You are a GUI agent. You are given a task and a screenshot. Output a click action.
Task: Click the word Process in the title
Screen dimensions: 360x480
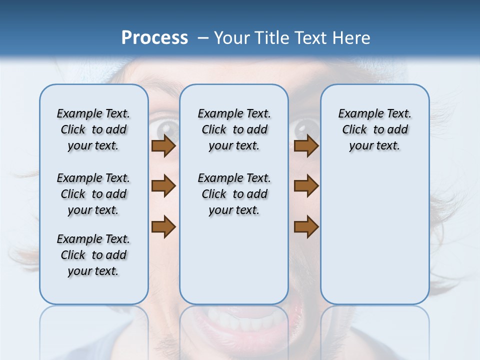(x=154, y=38)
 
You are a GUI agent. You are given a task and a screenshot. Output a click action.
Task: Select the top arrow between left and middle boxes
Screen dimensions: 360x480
(x=163, y=146)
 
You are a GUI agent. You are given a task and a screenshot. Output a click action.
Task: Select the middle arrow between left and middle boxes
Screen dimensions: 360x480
(x=163, y=186)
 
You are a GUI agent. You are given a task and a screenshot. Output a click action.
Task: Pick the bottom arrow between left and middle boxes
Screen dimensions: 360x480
(x=163, y=226)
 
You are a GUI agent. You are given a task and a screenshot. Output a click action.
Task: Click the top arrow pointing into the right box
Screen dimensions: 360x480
(x=306, y=146)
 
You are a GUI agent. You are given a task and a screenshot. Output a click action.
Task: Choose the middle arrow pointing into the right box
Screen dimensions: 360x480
(x=306, y=186)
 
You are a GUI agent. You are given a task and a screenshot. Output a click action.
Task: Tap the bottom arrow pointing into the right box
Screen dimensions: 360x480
(x=306, y=226)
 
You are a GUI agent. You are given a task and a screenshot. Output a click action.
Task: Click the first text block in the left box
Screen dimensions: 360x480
(x=93, y=129)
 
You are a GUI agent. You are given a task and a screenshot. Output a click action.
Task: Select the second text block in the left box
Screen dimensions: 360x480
(x=93, y=194)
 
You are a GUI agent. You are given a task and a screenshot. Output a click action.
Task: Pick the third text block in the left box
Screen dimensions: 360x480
(x=93, y=255)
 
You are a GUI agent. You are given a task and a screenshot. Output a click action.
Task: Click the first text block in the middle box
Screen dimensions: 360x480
(x=234, y=129)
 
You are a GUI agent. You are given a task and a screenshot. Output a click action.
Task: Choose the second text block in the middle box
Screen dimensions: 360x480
(x=234, y=194)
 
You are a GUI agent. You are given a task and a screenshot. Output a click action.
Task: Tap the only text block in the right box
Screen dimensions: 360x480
(x=375, y=129)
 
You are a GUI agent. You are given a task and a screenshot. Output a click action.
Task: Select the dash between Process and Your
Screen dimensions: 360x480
(x=203, y=38)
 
